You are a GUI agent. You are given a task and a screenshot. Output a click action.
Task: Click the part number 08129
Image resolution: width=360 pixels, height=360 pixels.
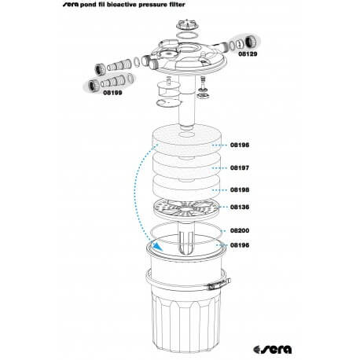click(x=248, y=53)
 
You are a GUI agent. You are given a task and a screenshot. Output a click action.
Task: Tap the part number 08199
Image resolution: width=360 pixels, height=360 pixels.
click(x=112, y=93)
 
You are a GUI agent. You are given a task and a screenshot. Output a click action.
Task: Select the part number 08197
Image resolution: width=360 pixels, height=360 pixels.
click(x=240, y=167)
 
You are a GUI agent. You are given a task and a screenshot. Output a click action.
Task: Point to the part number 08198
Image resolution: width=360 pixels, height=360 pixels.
click(x=240, y=189)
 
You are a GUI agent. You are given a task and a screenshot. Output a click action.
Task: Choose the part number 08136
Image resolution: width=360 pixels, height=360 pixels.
click(x=240, y=207)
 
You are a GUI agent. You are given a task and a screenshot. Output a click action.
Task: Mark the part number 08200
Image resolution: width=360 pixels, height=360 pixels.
click(x=240, y=230)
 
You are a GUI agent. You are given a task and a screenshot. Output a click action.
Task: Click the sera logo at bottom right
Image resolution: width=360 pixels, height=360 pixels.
click(x=273, y=349)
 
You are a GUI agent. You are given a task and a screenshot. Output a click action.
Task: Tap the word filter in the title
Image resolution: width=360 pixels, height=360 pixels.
click(x=178, y=4)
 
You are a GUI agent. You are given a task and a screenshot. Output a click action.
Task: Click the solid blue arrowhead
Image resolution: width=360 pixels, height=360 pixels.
click(x=157, y=247)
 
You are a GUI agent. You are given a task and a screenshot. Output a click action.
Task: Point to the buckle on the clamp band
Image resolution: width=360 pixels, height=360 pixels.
click(x=215, y=285)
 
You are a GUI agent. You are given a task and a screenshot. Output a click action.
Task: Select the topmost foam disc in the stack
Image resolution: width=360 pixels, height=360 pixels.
click(x=186, y=140)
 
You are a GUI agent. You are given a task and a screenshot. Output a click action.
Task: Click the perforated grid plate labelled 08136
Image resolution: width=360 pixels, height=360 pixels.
click(x=186, y=209)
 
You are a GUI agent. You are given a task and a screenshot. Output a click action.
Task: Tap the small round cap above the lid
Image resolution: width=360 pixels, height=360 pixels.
click(x=186, y=24)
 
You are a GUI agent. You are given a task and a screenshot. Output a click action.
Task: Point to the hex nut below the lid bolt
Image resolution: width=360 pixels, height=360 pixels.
click(x=203, y=95)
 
